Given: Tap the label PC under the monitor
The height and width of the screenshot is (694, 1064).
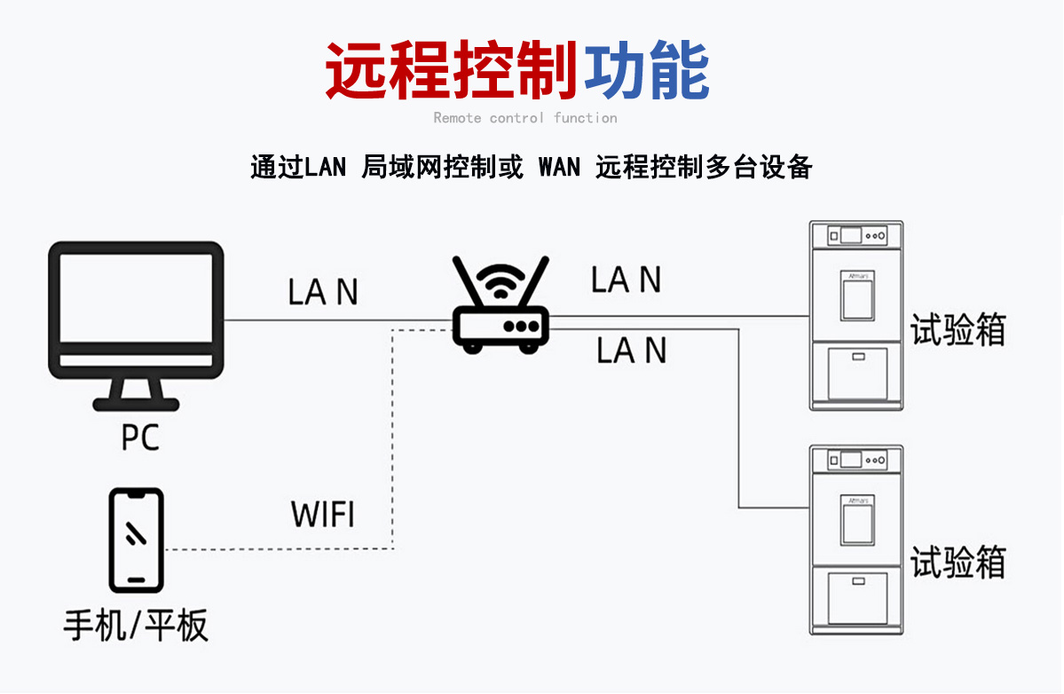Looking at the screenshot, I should click(x=140, y=438).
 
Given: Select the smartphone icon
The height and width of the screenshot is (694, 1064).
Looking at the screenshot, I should click(x=136, y=540).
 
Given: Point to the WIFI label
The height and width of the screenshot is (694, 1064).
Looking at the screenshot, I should click(x=323, y=515).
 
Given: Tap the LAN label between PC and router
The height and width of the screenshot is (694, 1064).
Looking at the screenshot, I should click(x=323, y=292).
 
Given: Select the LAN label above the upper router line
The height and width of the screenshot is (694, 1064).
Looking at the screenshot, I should click(x=627, y=280).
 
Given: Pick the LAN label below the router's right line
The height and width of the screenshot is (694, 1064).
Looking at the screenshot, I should click(x=631, y=351).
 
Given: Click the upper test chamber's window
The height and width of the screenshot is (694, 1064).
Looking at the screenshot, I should click(x=857, y=295).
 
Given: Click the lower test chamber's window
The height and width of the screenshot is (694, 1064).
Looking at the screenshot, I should click(x=857, y=522).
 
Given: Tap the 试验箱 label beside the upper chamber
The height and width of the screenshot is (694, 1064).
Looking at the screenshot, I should click(x=958, y=330).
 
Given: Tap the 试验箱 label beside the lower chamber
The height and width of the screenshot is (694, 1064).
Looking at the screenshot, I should click(x=958, y=562).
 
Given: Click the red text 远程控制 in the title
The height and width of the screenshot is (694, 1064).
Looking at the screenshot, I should click(x=452, y=71).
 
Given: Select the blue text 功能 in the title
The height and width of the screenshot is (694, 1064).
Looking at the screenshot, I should click(x=647, y=71).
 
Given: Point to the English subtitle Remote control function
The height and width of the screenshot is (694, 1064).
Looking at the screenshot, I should click(x=525, y=118).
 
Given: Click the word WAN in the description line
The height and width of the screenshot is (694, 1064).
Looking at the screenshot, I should click(x=559, y=167).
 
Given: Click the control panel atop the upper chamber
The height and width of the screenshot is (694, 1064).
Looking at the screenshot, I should click(x=857, y=235).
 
